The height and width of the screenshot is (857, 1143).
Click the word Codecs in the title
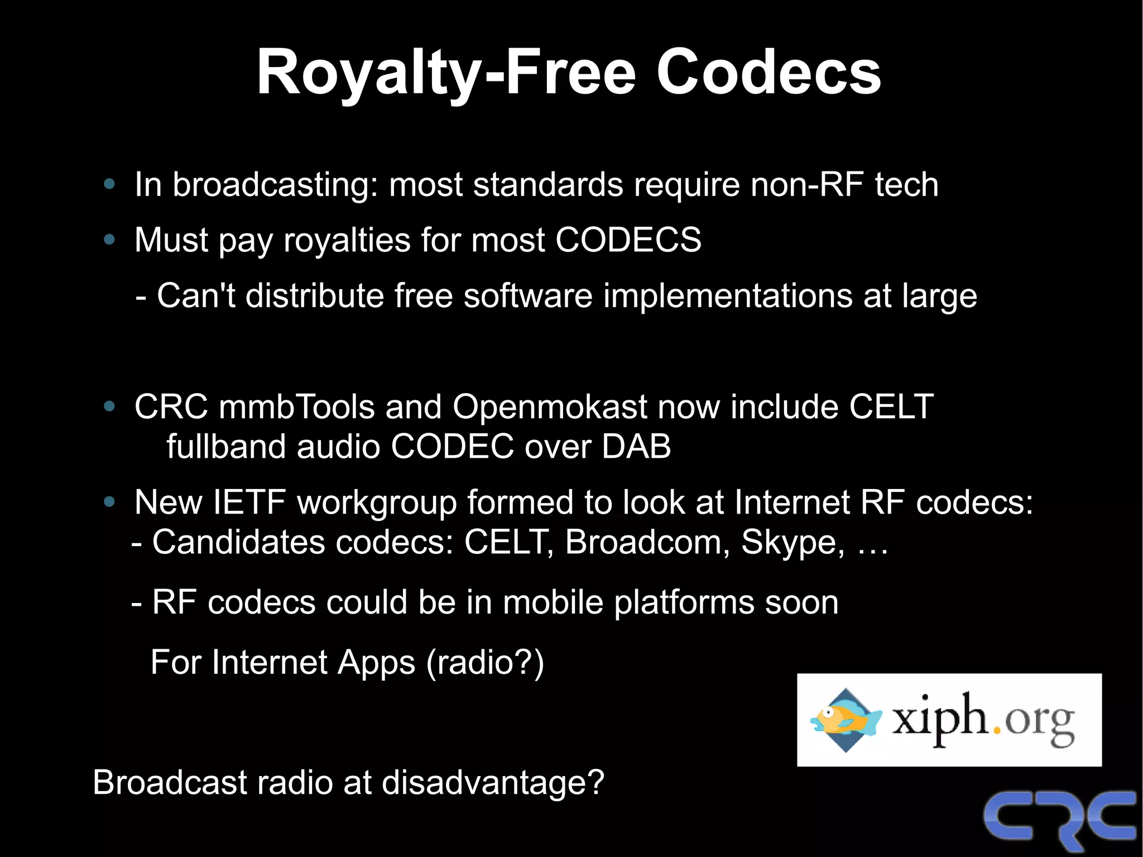(x=769, y=73)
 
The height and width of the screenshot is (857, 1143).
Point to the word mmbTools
(x=296, y=406)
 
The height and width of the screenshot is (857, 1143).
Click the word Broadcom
(x=647, y=542)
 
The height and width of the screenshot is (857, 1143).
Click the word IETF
(x=249, y=502)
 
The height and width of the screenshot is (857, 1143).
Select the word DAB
(x=636, y=447)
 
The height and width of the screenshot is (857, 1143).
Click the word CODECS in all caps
(x=628, y=240)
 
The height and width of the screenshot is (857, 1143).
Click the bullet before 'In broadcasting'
(x=109, y=184)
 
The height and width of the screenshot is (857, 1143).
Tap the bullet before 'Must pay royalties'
(x=109, y=240)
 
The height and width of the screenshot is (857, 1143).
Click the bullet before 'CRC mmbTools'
(x=109, y=407)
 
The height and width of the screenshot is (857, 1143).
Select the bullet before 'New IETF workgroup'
(x=109, y=502)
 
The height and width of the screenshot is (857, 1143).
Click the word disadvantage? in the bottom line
(x=493, y=782)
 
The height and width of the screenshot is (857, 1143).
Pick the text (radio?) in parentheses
(x=484, y=663)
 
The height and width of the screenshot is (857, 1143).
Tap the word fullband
(x=226, y=447)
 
